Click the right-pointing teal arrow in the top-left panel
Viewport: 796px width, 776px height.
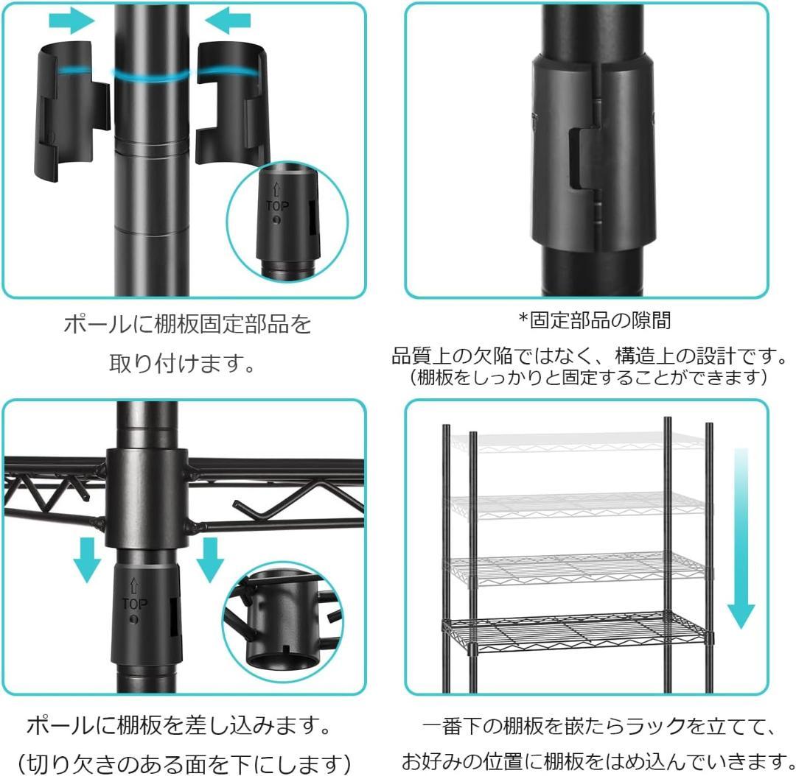71,21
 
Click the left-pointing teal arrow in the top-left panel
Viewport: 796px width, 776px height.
228,21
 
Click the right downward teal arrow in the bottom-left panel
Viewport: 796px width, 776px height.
210,558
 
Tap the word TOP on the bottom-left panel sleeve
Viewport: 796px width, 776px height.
134,604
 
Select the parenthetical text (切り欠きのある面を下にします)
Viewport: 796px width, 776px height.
183,759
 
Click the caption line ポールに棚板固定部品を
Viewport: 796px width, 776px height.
187,325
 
